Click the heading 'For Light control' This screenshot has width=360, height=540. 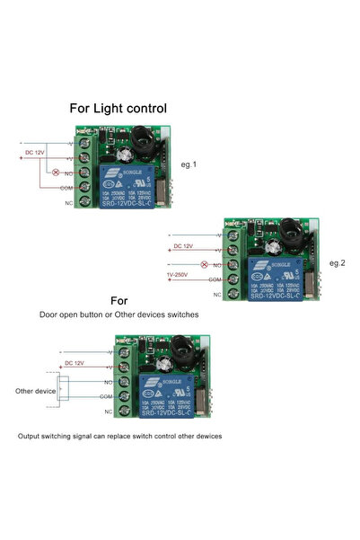tap(119, 108)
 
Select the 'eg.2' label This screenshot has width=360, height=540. tap(337, 263)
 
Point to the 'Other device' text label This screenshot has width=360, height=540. tap(35, 391)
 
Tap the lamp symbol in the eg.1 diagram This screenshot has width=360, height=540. tap(57, 171)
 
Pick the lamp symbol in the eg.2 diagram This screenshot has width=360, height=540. tap(204, 265)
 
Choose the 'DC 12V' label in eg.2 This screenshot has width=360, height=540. tap(183, 245)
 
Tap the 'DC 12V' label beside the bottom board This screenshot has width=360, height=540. tap(75, 363)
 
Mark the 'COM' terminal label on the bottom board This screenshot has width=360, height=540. tap(106, 396)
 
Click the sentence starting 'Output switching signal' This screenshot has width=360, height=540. tap(119, 436)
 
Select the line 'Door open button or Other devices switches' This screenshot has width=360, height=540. tap(119, 315)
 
